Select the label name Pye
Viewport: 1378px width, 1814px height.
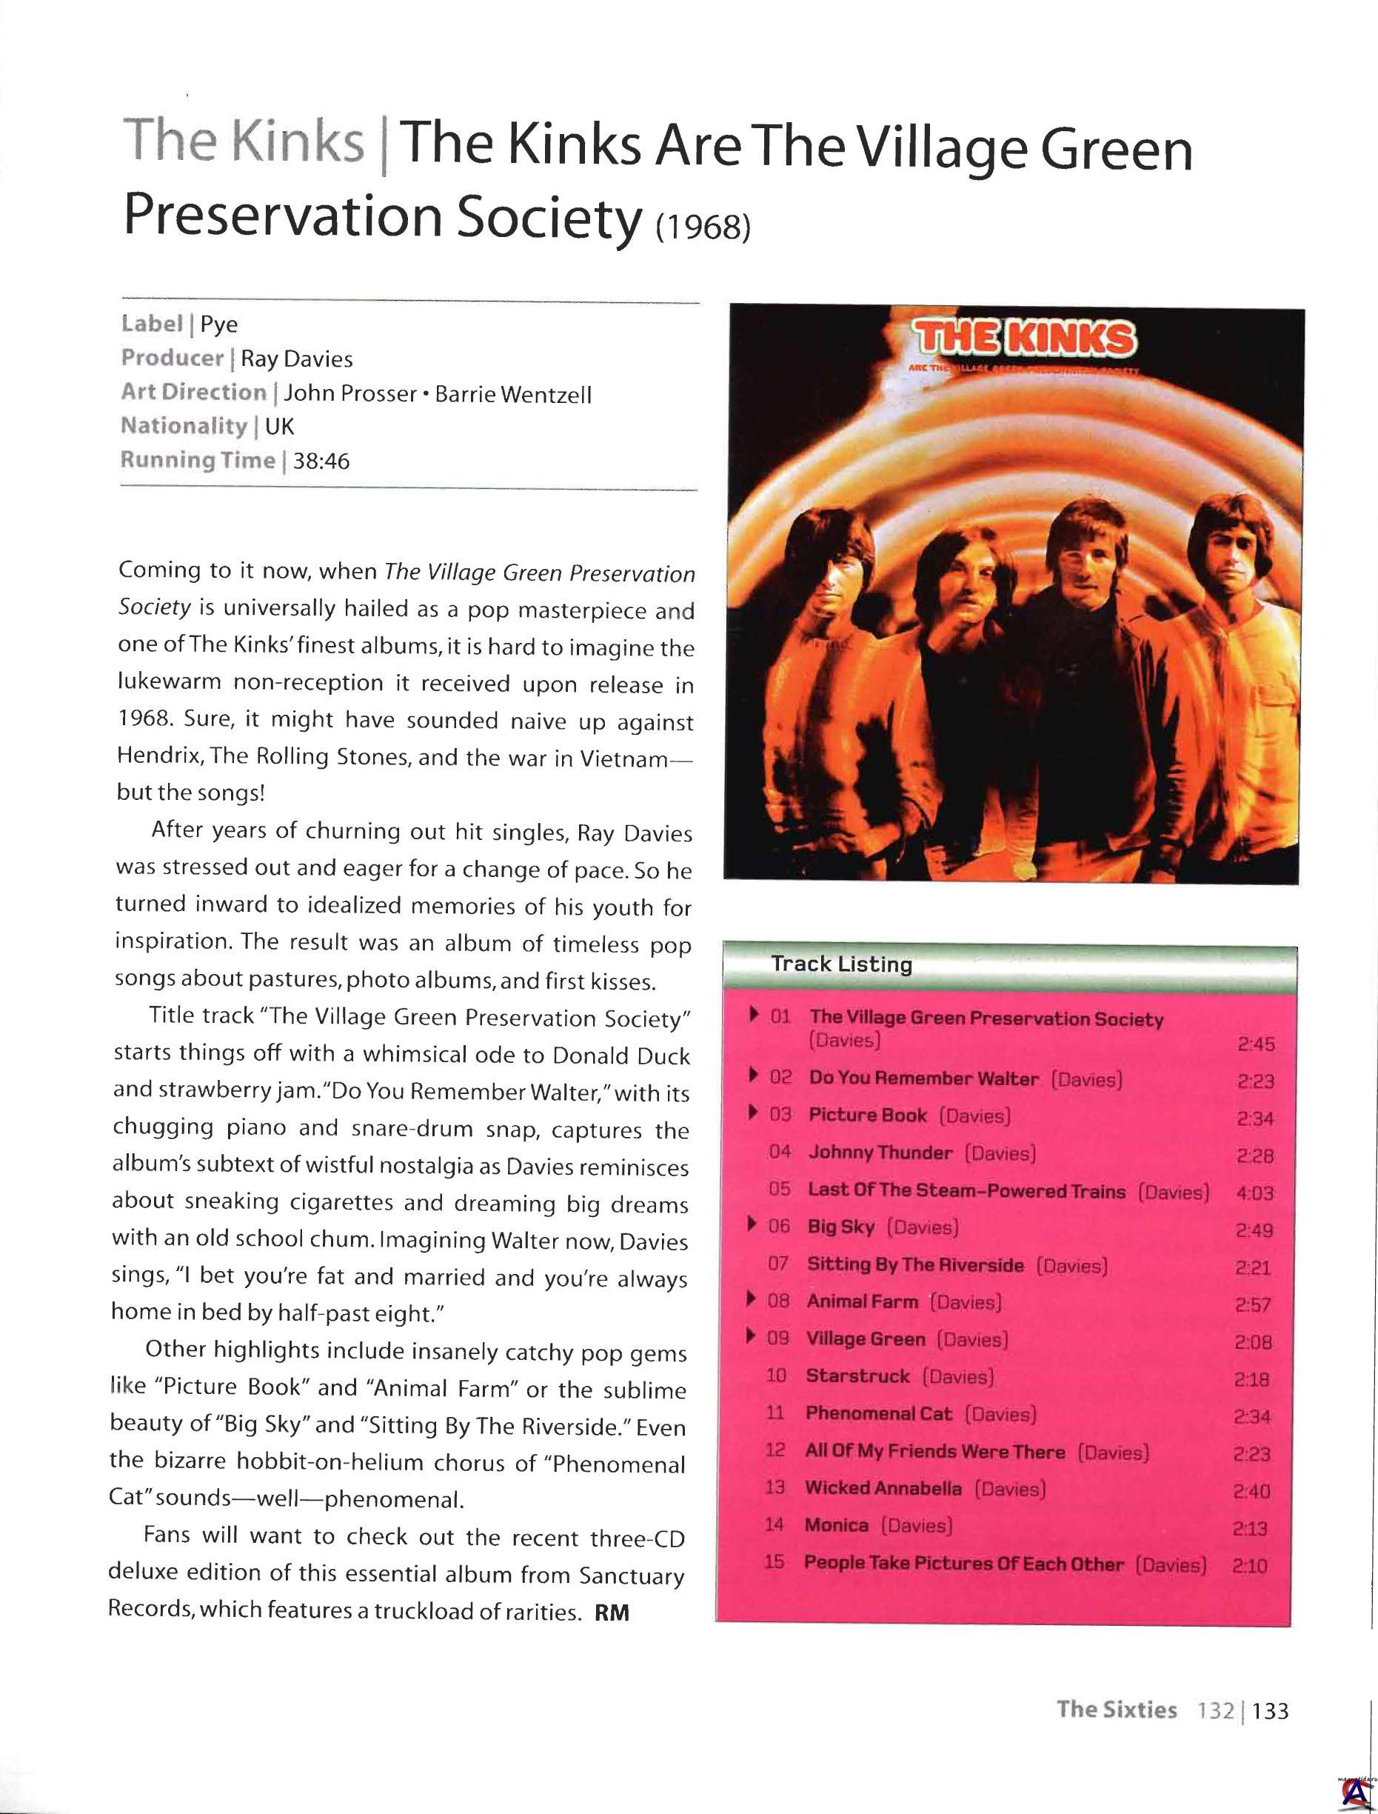click(x=219, y=325)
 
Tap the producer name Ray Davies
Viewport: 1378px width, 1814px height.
click(x=296, y=359)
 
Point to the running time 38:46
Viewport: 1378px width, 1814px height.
click(x=321, y=461)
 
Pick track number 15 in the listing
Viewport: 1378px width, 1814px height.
click(x=775, y=1561)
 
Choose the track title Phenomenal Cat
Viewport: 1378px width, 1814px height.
click(x=878, y=1413)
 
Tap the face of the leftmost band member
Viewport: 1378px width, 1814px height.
click(x=828, y=566)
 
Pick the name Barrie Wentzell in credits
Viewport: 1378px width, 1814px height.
click(x=512, y=395)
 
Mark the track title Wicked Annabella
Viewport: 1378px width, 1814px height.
click(x=883, y=1488)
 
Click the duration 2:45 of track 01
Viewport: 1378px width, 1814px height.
click(x=1256, y=1044)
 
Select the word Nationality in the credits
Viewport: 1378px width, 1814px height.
click(x=184, y=427)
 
